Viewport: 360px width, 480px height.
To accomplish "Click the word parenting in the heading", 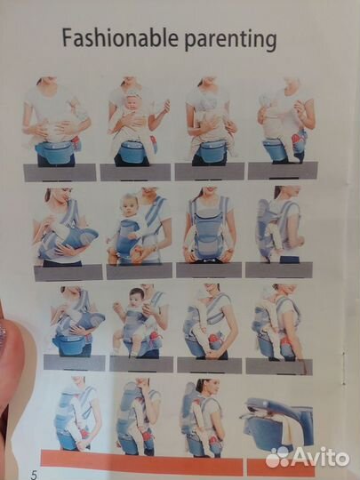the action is (230, 40).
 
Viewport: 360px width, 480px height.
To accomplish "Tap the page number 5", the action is (34, 474).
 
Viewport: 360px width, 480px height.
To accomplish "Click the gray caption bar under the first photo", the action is (60, 172).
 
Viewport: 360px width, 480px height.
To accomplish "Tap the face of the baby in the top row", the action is (133, 103).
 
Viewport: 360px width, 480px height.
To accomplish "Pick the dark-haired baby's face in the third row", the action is (137, 299).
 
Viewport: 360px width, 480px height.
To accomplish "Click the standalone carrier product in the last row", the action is (277, 424).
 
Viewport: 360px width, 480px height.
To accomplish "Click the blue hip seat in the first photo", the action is (56, 152).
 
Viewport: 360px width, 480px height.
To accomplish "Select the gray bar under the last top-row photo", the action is (283, 171).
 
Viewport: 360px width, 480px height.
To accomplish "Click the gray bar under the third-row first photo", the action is (75, 363).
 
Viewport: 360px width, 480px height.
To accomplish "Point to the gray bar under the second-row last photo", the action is (279, 269).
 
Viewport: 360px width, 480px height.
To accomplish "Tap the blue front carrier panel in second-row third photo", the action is (208, 233).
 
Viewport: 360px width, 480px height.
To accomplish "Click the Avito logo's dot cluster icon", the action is (277, 458).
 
